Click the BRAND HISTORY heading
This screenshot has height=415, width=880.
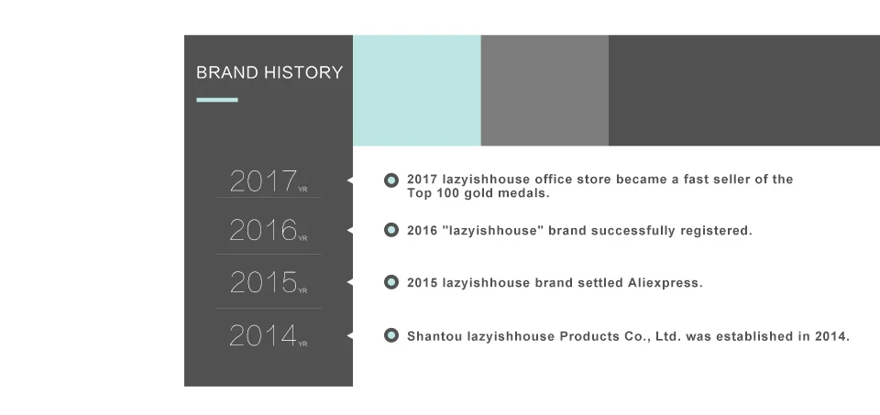pyautogui.click(x=269, y=72)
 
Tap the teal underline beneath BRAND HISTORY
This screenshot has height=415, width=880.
pyautogui.click(x=217, y=100)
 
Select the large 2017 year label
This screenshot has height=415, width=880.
pyautogui.click(x=263, y=181)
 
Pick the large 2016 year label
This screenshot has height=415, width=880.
pyautogui.click(x=263, y=230)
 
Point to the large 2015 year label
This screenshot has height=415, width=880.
pyautogui.click(x=263, y=282)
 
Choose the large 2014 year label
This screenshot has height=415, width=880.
pyautogui.click(x=263, y=335)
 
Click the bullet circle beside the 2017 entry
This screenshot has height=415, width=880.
pyautogui.click(x=391, y=180)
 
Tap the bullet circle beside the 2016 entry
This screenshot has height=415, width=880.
pyautogui.click(x=391, y=230)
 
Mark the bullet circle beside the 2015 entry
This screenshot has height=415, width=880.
pyautogui.click(x=391, y=282)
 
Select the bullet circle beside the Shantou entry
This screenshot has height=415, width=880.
pyautogui.click(x=391, y=335)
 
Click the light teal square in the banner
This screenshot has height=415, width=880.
pyautogui.click(x=417, y=91)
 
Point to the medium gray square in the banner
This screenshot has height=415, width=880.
pyautogui.click(x=544, y=91)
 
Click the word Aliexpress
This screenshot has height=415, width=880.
pyautogui.click(x=665, y=283)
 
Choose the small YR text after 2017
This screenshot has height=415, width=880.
pyautogui.click(x=302, y=190)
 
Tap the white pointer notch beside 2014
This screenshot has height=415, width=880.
pyautogui.click(x=350, y=336)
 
